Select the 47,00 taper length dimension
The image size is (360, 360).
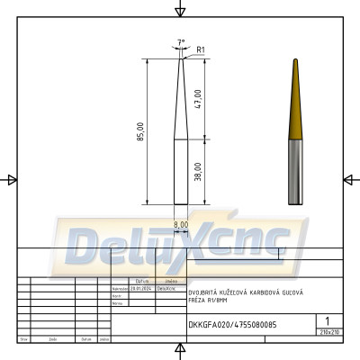tap(197, 99)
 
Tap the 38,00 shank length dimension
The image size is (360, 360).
tap(197, 172)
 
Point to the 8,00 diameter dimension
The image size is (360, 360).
tap(181, 224)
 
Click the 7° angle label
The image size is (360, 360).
tap(182, 42)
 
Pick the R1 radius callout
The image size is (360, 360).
tap(202, 49)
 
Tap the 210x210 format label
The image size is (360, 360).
tap(328, 332)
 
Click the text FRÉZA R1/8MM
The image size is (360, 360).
tap(209, 301)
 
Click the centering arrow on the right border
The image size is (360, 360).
tap(349, 180)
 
